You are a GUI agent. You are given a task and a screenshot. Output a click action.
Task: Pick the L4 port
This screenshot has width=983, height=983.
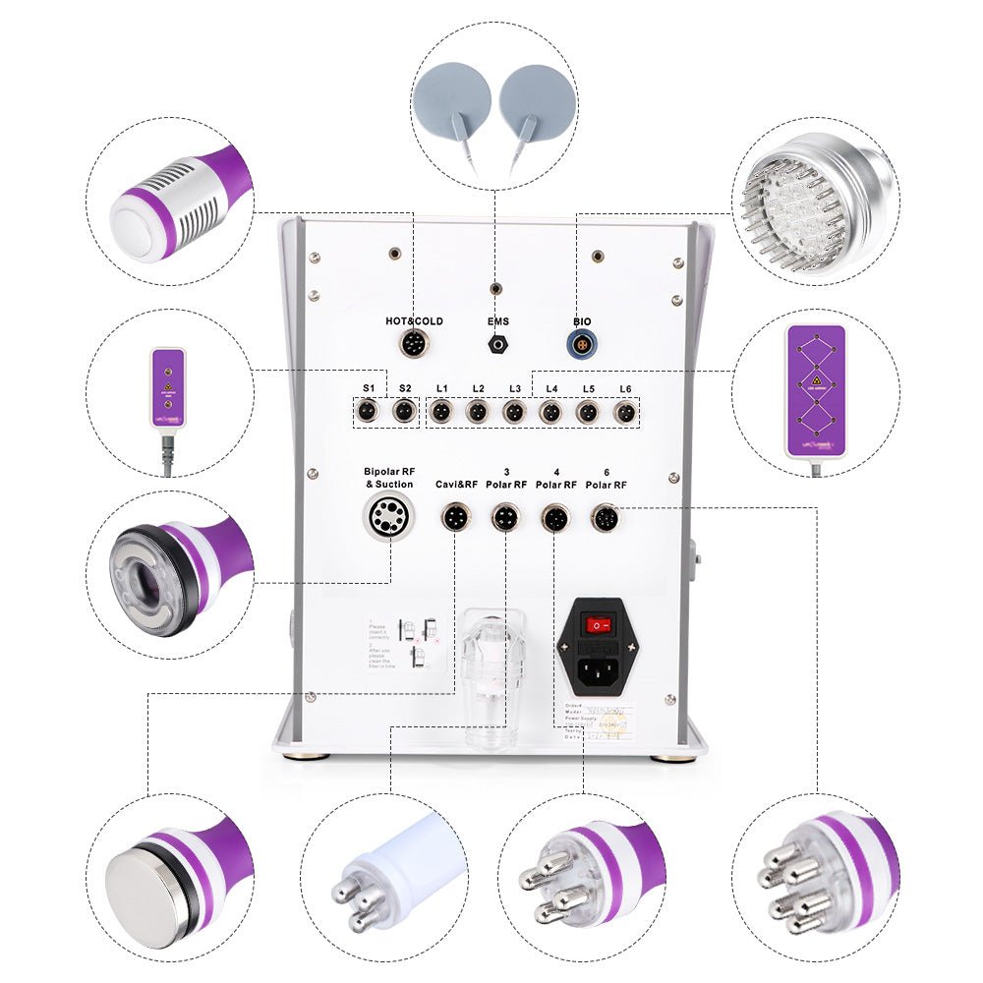pos(550,413)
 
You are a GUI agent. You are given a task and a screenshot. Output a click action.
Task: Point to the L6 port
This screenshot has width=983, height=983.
pos(623,413)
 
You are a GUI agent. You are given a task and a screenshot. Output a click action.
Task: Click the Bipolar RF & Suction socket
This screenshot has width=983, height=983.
pos(388,516)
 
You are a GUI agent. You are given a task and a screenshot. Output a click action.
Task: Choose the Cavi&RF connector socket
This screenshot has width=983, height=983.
pos(455,516)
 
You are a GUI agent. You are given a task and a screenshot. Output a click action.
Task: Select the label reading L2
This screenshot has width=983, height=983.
pos(478,389)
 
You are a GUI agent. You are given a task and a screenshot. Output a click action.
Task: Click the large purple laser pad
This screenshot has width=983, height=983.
pos(815,390)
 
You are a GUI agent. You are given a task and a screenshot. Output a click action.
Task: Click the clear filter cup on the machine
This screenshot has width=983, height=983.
pos(491,678)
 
